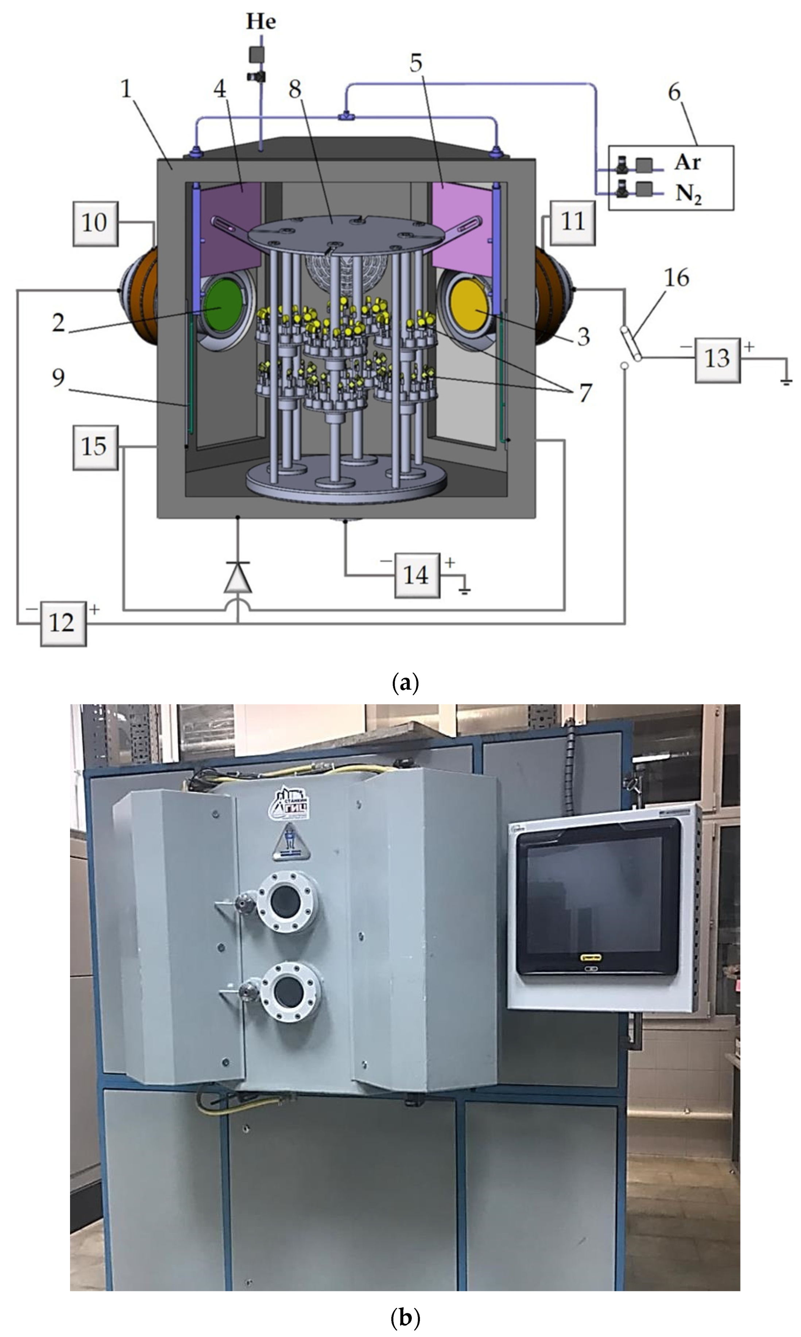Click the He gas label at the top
point(261,22)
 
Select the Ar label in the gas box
point(687,162)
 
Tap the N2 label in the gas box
point(688,193)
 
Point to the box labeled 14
point(417,575)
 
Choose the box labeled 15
point(95,447)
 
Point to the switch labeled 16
point(631,343)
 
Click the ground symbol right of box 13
point(786,381)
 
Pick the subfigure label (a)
point(405,683)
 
